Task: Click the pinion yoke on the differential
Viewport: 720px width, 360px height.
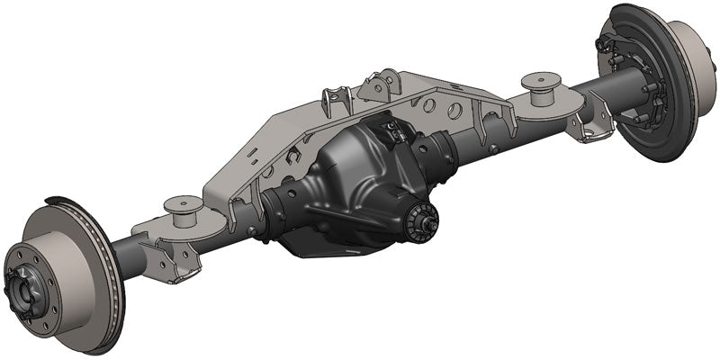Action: tap(420, 219)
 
